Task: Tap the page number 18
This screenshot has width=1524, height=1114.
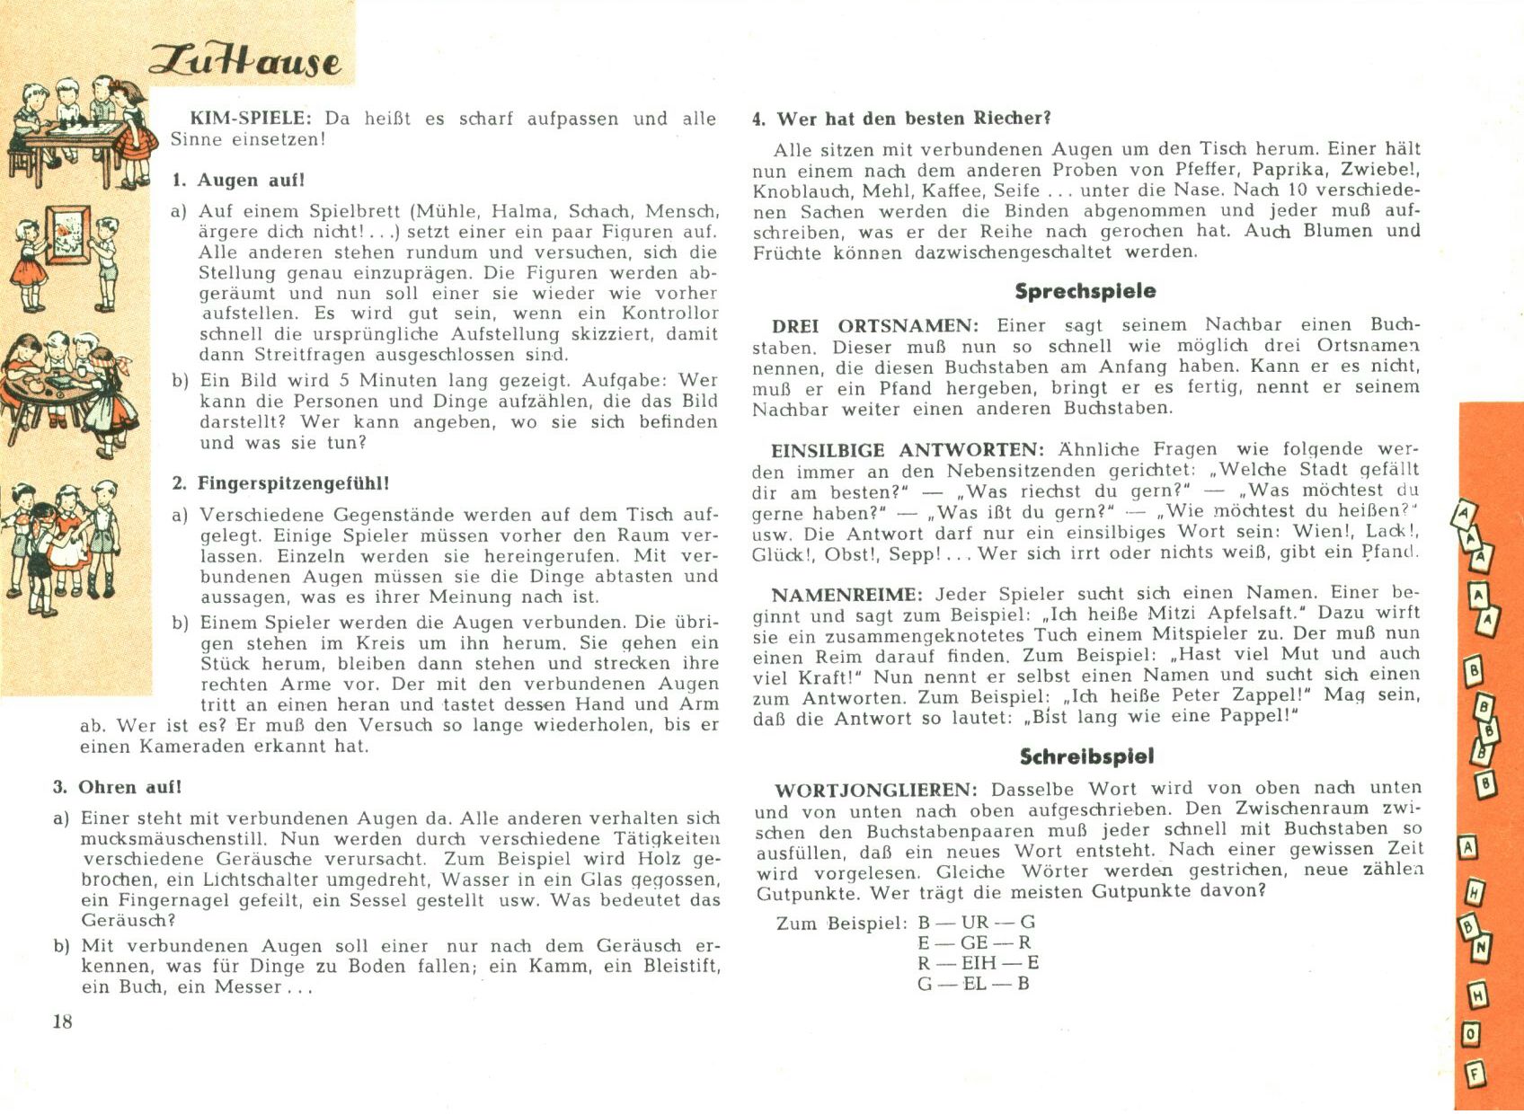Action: pos(62,1021)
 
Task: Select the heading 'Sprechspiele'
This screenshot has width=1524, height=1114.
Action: pos(1085,291)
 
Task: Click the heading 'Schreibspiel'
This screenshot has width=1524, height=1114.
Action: pos(1086,756)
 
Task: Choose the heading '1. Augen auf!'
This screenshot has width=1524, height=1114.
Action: pos(238,180)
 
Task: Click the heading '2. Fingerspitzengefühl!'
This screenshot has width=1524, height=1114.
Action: pos(280,483)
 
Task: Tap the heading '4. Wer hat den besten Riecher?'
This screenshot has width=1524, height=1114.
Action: pos(901,119)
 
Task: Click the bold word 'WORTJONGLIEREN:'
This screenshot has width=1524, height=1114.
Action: pos(876,791)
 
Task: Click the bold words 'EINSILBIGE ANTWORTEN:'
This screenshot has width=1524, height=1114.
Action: pos(908,450)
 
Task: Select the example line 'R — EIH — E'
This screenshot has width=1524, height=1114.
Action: pos(978,963)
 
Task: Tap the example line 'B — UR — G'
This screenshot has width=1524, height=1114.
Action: pos(976,922)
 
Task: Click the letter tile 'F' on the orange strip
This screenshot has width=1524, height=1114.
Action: pos(1475,1074)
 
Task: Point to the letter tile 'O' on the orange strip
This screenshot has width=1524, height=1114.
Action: pos(1471,1034)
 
